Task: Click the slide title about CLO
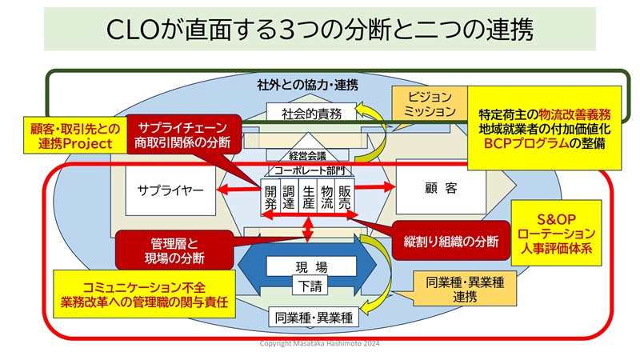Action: click(320, 31)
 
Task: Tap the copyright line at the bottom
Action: click(320, 343)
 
